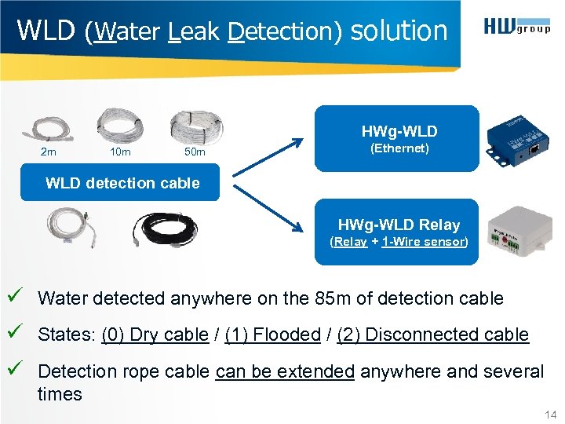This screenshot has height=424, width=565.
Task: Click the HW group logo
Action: pos(517,29)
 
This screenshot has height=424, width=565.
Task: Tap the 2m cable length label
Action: pos(49,152)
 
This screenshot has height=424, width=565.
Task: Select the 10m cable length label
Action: pos(120,152)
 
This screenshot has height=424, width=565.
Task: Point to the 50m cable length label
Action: pos(194,152)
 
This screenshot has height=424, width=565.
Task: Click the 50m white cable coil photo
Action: pos(196,126)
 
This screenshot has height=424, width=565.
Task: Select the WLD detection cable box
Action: pos(122,183)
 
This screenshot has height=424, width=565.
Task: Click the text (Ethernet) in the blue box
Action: pos(399,148)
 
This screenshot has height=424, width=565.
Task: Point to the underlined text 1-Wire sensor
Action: pos(423,242)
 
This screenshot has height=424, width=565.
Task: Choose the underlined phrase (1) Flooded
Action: pos(272,334)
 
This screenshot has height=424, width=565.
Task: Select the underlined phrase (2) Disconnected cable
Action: pos(432,334)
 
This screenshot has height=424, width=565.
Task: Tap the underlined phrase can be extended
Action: pos(285,371)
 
